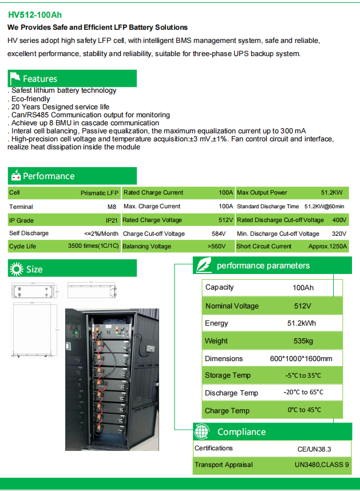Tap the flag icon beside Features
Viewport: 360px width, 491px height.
(15, 78)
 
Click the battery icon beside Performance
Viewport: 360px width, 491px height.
(15, 176)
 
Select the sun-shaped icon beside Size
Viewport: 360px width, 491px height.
(17, 268)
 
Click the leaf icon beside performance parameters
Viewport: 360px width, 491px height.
(202, 266)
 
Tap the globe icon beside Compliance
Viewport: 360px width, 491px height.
(202, 432)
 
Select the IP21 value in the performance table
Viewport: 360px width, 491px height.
(112, 220)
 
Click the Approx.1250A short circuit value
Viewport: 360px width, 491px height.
(328, 247)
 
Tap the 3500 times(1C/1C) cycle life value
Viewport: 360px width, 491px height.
(93, 247)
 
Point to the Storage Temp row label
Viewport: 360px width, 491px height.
(227, 375)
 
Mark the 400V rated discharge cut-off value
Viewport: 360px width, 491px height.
(339, 220)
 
